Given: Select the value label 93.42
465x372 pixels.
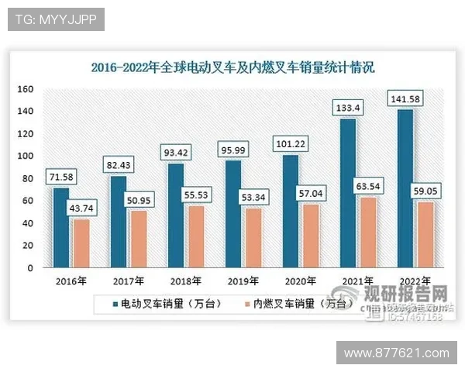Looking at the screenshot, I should coord(176,152).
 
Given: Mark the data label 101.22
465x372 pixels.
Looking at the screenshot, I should coord(289,143).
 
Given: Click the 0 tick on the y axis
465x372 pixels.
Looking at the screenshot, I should coord(30,267).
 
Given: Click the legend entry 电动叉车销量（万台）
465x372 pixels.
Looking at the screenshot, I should coord(166,305).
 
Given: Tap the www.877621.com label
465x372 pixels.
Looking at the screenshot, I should coord(396,353).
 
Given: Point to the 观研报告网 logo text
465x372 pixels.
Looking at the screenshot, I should coord(407,294).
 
